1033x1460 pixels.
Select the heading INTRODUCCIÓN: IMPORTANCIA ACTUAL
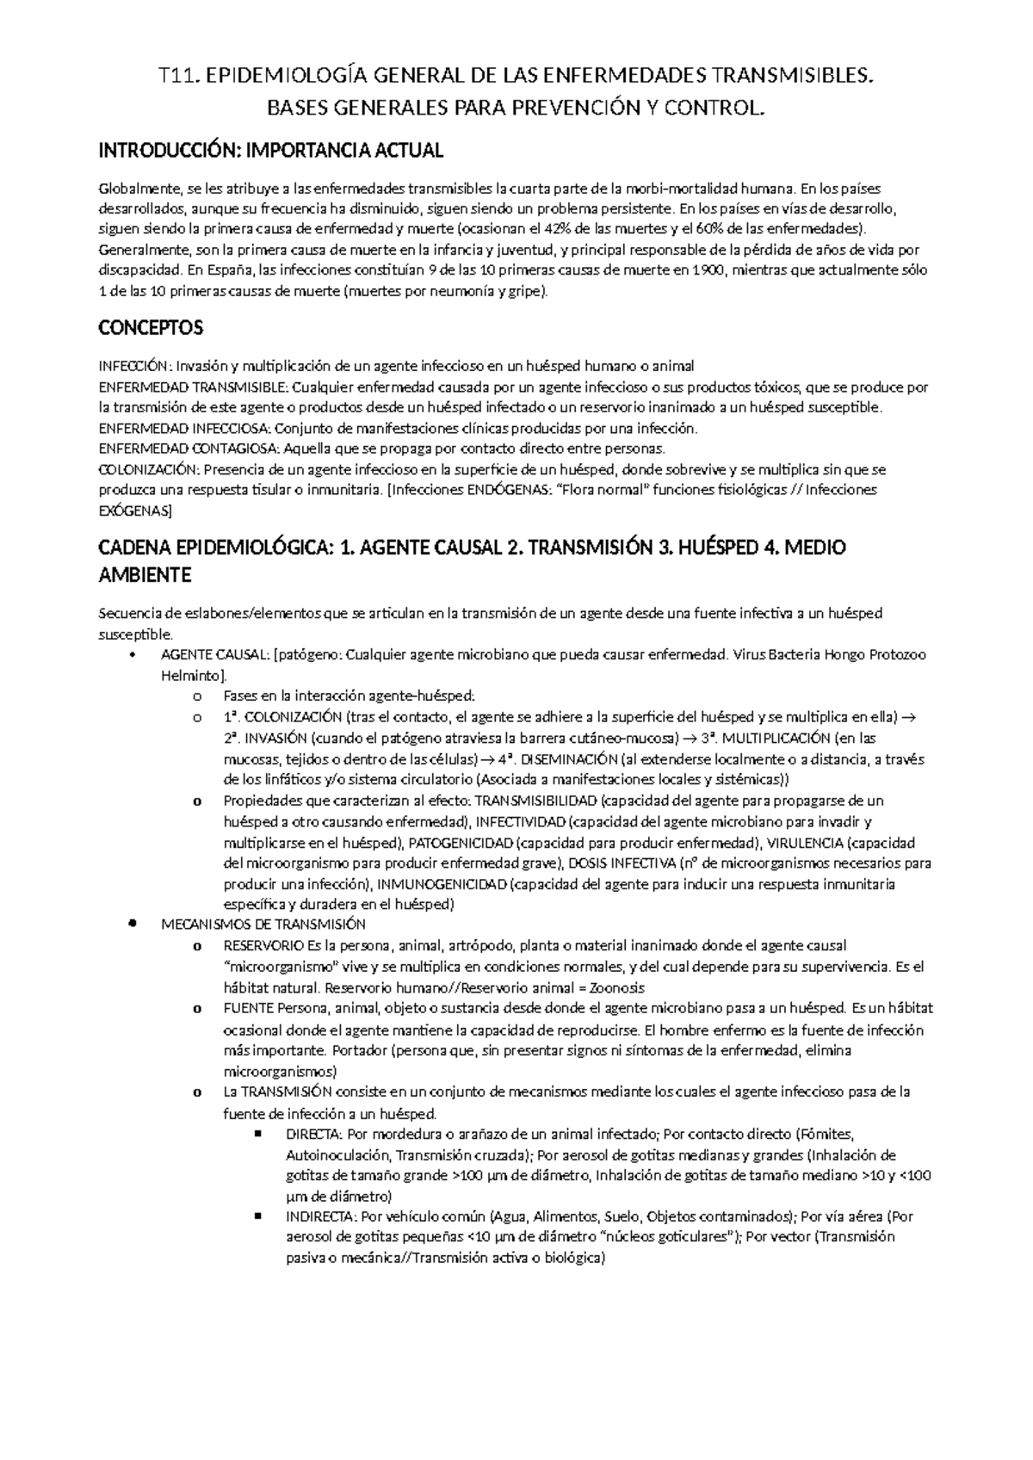tap(271, 152)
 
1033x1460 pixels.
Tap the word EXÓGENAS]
tap(135, 510)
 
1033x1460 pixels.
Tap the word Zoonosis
tap(614, 987)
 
